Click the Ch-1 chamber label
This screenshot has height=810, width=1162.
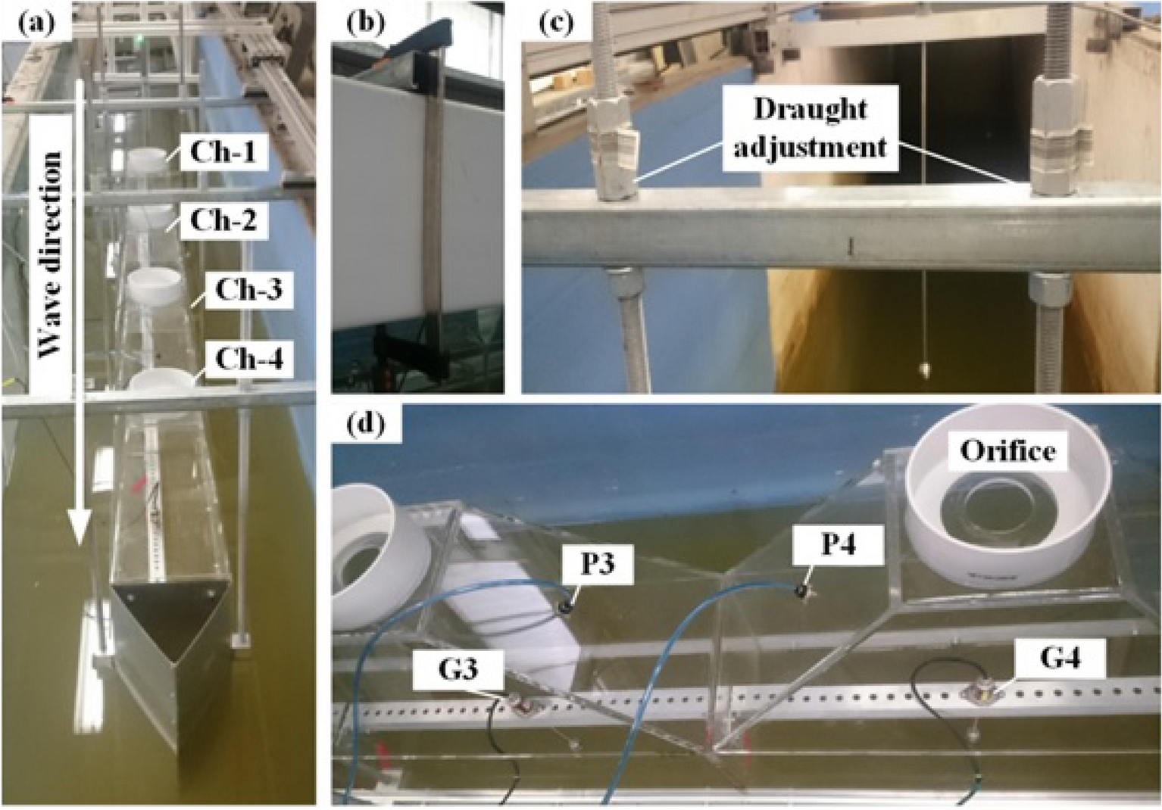click(223, 154)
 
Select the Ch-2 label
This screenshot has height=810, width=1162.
click(223, 221)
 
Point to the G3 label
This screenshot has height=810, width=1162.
click(458, 669)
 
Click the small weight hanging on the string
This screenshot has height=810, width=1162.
click(923, 370)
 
